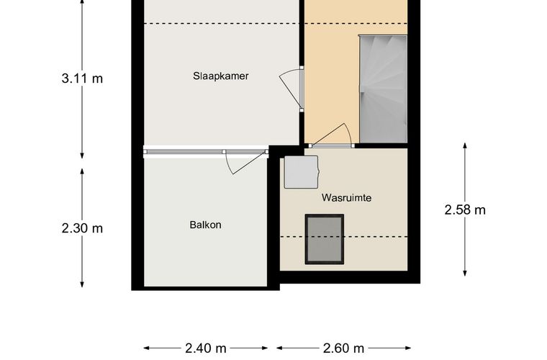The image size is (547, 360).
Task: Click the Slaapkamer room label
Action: [x=221, y=76]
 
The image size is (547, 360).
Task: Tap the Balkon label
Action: [x=205, y=225]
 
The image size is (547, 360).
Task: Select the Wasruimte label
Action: [x=346, y=198]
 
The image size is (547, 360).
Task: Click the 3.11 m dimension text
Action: [x=82, y=78]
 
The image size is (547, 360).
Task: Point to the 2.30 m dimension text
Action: [x=82, y=228]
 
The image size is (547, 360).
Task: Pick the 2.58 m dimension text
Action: [x=465, y=210]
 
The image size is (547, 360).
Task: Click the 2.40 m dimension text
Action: [x=206, y=348]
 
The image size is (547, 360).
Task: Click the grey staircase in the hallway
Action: [x=383, y=89]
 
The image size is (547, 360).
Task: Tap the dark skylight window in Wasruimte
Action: [x=325, y=239]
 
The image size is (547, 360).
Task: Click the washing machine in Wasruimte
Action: [x=301, y=172]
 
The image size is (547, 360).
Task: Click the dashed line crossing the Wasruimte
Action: [x=343, y=237]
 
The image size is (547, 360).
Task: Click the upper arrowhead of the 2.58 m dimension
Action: [x=465, y=145]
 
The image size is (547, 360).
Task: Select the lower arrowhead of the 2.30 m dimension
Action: [x=82, y=284]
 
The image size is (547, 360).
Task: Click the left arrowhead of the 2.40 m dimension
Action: [x=147, y=348]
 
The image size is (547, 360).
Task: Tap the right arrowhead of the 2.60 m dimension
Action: [x=408, y=348]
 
